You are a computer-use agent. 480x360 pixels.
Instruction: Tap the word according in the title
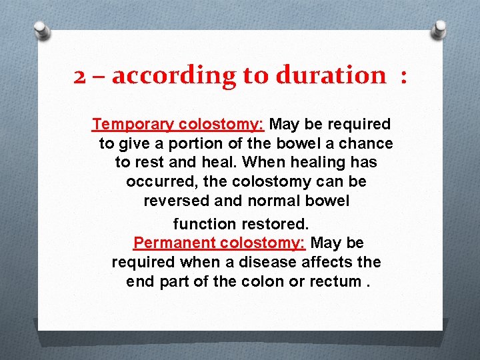(175, 75)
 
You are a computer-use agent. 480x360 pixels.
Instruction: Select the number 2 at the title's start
(79, 76)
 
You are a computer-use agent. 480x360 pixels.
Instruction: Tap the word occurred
(155, 181)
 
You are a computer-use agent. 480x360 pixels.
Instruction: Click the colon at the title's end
(402, 77)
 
